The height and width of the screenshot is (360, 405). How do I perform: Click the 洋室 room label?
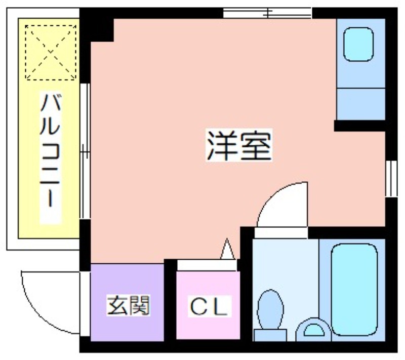[238, 145]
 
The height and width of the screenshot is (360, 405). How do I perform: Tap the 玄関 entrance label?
[129, 305]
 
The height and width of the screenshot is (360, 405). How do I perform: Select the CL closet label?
[209, 306]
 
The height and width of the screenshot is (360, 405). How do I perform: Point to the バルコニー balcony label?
[50, 150]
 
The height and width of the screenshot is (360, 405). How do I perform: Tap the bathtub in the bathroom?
[355, 290]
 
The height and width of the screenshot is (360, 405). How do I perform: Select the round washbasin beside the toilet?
[313, 330]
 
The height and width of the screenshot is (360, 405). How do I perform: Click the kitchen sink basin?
[359, 44]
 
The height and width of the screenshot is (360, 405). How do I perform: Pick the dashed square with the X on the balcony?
[51, 53]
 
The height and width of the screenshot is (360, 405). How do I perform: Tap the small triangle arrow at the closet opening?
[227, 249]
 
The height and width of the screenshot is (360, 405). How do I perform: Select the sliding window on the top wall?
[267, 13]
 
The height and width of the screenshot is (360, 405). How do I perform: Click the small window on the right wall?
[391, 178]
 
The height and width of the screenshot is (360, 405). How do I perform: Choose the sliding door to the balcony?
[85, 151]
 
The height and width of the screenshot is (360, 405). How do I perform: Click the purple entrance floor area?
[127, 302]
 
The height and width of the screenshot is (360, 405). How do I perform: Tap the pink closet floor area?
[208, 305]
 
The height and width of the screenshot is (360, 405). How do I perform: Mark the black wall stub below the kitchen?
[359, 126]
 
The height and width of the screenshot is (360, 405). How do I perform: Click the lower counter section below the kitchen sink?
[361, 104]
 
